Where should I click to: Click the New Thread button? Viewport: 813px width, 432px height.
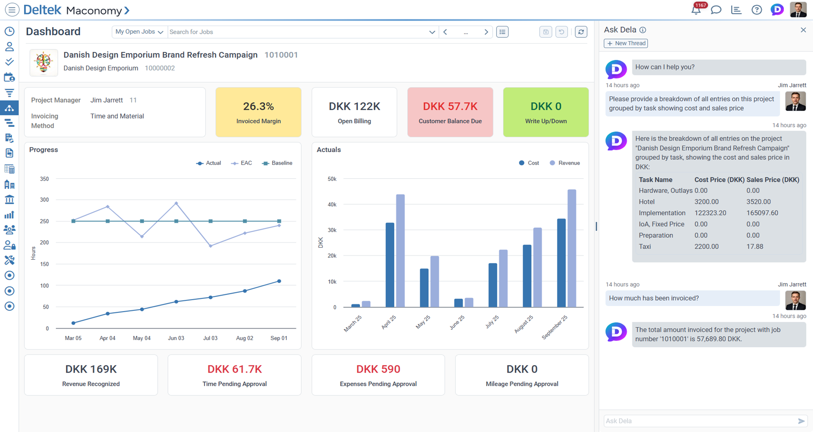[625, 43]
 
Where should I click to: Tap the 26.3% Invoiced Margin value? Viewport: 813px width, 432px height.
[258, 106]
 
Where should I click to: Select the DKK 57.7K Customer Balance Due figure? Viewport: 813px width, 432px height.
[450, 106]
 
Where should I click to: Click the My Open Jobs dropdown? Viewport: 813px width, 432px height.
[139, 32]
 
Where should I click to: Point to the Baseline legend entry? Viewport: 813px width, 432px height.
[277, 163]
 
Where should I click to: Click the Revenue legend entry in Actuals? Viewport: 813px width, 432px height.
[565, 163]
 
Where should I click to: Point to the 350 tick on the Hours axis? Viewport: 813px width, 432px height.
[45, 179]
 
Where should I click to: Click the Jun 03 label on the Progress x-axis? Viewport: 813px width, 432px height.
[176, 338]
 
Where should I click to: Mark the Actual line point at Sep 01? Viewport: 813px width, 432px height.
[279, 281]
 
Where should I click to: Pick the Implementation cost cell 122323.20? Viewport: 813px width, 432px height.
[710, 213]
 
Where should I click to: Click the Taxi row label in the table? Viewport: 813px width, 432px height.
[645, 247]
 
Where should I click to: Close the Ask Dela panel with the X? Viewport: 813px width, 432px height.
[803, 30]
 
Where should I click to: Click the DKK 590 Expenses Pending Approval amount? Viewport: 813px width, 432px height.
[378, 369]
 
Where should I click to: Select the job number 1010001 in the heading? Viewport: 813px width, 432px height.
[281, 55]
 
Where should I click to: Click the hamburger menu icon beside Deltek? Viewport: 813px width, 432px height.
[12, 10]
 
